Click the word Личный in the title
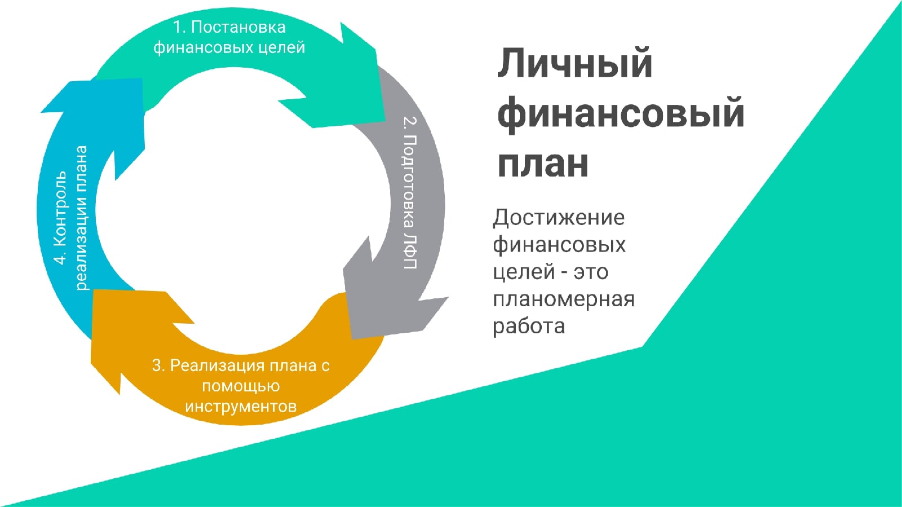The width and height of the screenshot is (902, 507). (x=574, y=63)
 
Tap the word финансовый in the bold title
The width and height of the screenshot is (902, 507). (x=621, y=113)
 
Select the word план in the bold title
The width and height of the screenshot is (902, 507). (x=542, y=164)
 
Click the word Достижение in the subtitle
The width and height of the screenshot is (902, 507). (x=559, y=218)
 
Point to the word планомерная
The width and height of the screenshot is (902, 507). (x=564, y=299)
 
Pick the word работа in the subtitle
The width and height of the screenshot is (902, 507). (x=528, y=327)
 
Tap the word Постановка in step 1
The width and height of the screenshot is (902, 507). (x=238, y=27)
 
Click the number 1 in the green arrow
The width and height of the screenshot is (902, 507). (x=178, y=27)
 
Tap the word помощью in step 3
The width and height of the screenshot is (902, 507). (x=241, y=386)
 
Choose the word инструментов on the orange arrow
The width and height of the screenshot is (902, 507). (x=241, y=407)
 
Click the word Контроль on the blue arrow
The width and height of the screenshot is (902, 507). (x=60, y=209)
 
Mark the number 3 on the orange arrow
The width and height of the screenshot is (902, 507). (x=157, y=365)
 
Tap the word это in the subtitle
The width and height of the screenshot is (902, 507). (x=590, y=272)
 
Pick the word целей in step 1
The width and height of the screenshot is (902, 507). (x=281, y=47)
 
